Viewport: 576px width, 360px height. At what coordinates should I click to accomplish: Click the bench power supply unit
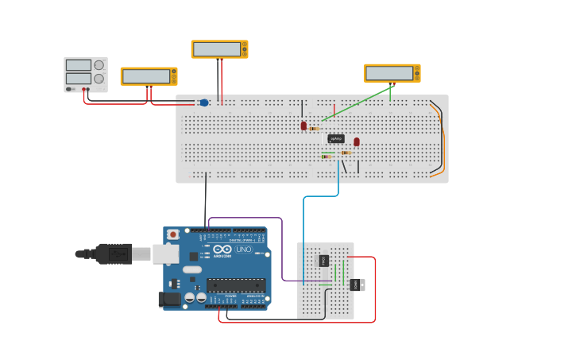85,74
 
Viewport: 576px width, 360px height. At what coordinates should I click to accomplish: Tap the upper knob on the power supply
99,65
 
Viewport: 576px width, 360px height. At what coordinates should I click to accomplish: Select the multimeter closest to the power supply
149,76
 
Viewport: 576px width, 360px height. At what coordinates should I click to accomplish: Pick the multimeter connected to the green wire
392,73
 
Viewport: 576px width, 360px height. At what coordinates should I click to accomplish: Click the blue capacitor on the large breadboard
204,103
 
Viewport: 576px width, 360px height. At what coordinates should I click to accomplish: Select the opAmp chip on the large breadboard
336,138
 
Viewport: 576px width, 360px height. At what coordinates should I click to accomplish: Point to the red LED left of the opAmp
303,126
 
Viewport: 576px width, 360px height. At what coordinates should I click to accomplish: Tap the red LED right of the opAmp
357,141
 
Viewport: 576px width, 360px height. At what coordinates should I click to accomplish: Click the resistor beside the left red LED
315,129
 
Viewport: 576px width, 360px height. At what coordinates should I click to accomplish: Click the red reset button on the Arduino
172,234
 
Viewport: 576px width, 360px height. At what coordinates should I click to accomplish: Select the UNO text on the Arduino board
243,250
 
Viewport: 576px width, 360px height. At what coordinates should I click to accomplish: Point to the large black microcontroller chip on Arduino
235,285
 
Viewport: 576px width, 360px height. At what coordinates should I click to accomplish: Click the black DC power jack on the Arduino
169,299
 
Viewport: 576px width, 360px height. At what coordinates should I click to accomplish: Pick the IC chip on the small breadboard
323,261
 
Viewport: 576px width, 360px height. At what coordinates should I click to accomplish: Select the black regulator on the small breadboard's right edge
356,285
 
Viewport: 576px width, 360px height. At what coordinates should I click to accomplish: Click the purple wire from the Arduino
282,246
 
